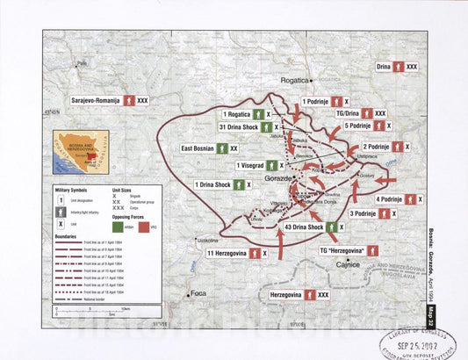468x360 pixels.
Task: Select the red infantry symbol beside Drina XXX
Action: coord(399,67)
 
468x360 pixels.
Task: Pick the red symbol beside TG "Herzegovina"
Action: coord(374,250)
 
